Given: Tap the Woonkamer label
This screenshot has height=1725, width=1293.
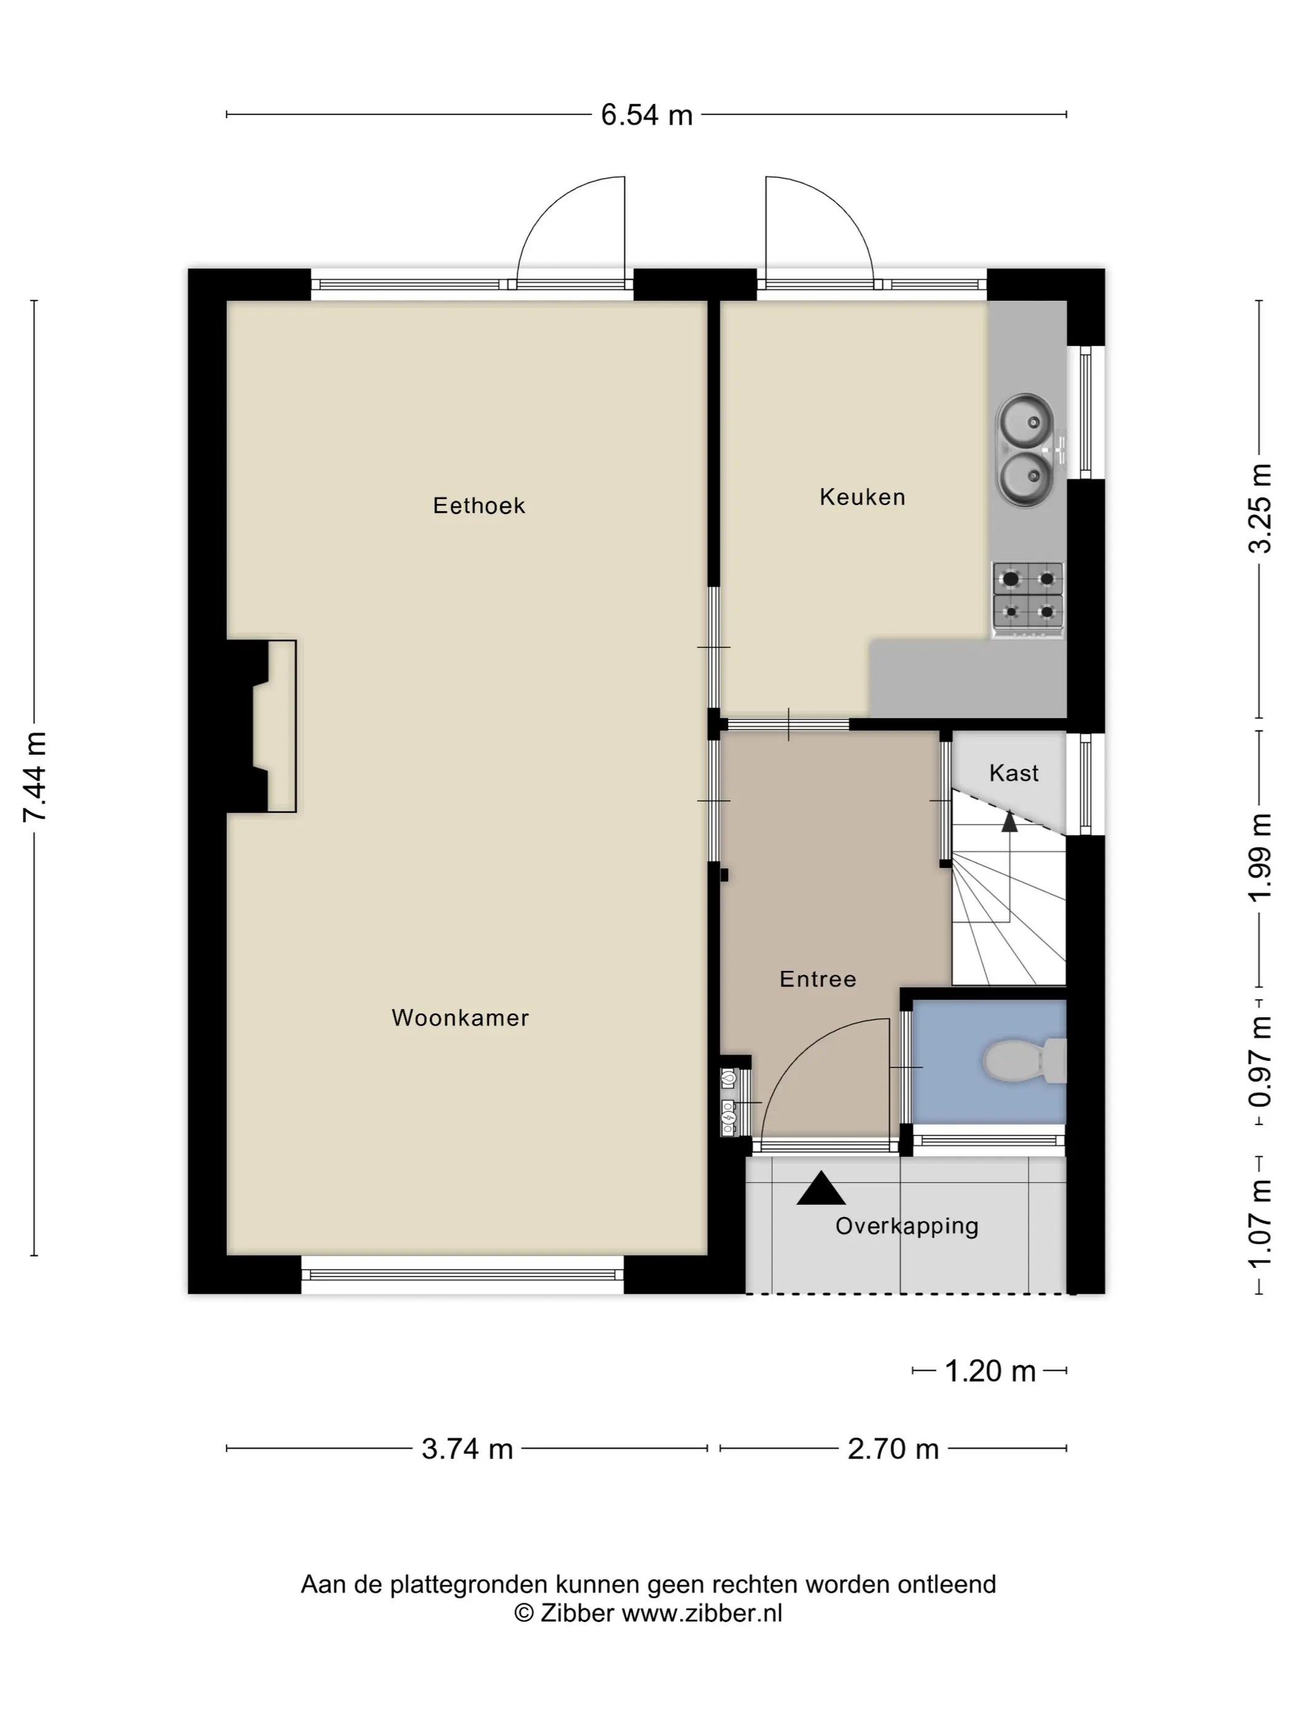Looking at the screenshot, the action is (460, 1018).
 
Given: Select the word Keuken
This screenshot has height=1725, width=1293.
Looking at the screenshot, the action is (862, 497).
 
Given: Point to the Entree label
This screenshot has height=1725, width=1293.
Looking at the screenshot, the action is (818, 979).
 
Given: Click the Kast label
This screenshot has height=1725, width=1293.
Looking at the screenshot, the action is (1013, 773).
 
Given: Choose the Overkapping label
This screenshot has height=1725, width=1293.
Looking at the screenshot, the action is (906, 1226).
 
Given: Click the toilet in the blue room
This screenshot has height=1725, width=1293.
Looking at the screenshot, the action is (1024, 1061).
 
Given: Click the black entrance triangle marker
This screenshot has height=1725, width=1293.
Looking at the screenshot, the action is (821, 1188).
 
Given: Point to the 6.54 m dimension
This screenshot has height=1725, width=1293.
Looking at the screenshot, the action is (646, 115).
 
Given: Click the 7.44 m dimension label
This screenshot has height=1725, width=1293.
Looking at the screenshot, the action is (35, 777).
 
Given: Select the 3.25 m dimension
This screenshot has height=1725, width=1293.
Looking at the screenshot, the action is (1260, 508).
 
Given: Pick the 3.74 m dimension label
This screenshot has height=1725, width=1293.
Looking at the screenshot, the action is (467, 1448).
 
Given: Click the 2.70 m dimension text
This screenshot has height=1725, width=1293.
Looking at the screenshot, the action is (893, 1448).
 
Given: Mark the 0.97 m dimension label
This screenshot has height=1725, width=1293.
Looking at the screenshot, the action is (1260, 1061).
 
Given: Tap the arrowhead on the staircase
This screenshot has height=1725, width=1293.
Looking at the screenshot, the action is (1009, 821).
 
